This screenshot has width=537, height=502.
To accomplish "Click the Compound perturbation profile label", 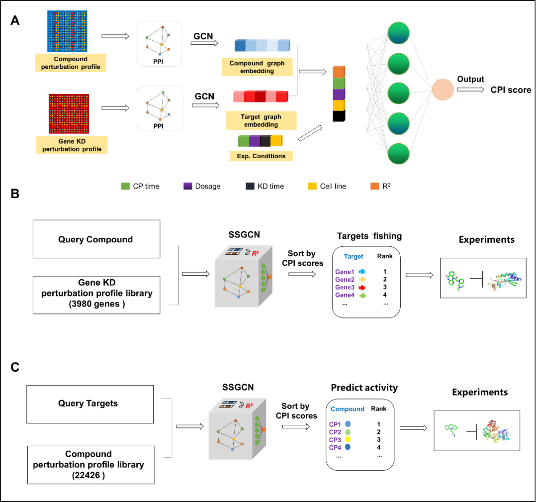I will coord(71,63).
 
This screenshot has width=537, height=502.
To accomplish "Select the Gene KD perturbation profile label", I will coord(72,145).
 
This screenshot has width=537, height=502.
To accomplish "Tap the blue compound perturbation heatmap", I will coord(67,31).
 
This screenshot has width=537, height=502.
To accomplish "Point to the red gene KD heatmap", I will coord(69,113).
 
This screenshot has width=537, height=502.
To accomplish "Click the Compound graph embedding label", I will coord(257,67).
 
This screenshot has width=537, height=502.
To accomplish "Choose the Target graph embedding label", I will coord(261,120).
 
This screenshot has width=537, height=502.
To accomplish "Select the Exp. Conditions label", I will coord(261,156).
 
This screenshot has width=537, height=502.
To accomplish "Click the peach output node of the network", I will coord(443,90).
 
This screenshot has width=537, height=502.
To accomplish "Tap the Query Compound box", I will coord(96,239).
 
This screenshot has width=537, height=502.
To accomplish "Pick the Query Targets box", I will coord(89,404).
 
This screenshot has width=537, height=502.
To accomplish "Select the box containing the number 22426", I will coord(90,465).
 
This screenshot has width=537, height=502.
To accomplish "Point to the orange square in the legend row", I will coord(375,186).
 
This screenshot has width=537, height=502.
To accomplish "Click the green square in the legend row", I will coord(125,186).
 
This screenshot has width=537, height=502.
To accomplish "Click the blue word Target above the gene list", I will coord(354,257).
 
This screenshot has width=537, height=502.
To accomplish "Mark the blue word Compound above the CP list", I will coord(347,409).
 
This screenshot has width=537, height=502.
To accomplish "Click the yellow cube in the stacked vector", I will coord(338,105).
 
